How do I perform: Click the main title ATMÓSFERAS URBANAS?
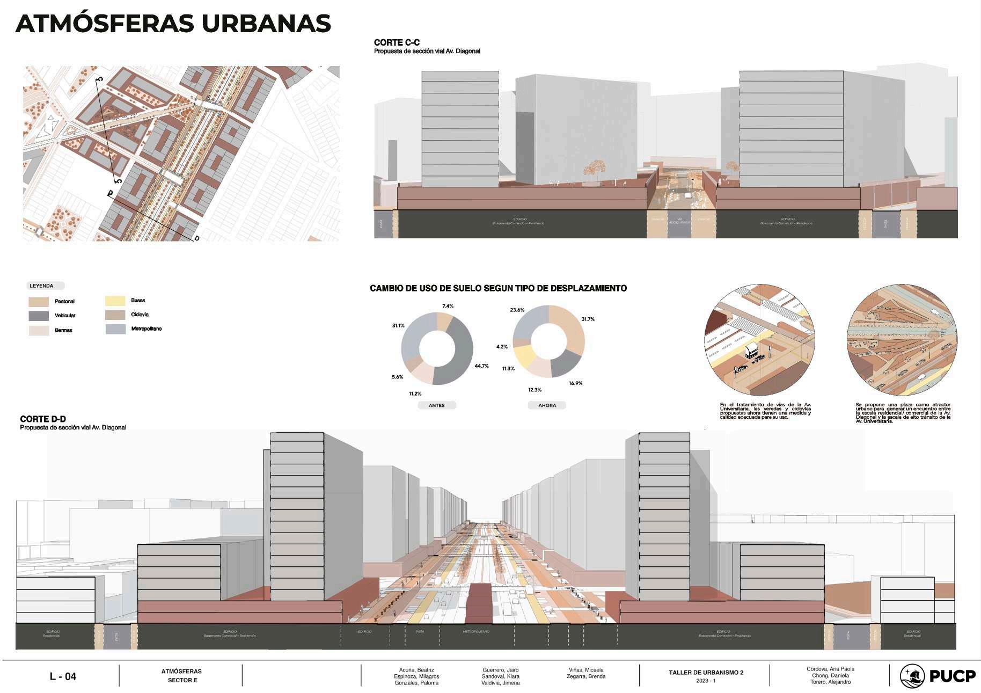pyautogui.click(x=173, y=24)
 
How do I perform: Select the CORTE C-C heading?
pyautogui.click(x=397, y=42)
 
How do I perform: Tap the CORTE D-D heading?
pyautogui.click(x=43, y=419)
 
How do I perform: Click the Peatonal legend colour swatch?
pyautogui.click(x=39, y=302)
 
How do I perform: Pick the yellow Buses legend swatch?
pyautogui.click(x=115, y=301)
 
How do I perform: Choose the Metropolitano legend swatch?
pyautogui.click(x=115, y=329)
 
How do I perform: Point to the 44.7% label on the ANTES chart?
pyautogui.click(x=481, y=366)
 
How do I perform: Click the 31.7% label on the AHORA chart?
pyautogui.click(x=588, y=319)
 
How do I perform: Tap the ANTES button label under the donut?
pyautogui.click(x=437, y=405)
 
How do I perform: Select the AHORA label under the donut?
pyautogui.click(x=547, y=405)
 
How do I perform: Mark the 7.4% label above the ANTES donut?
pyautogui.click(x=448, y=306)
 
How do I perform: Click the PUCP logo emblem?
pyautogui.click(x=912, y=676)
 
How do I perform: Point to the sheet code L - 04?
pyautogui.click(x=63, y=676)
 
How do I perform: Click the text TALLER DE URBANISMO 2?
pyautogui.click(x=706, y=673)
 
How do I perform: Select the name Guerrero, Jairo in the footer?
pyautogui.click(x=500, y=670)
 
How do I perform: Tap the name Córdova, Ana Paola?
pyautogui.click(x=830, y=669)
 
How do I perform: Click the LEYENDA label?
pyautogui.click(x=42, y=286)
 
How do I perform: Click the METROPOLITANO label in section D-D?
pyautogui.click(x=476, y=632)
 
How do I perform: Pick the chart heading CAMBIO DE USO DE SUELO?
pyautogui.click(x=498, y=288)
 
